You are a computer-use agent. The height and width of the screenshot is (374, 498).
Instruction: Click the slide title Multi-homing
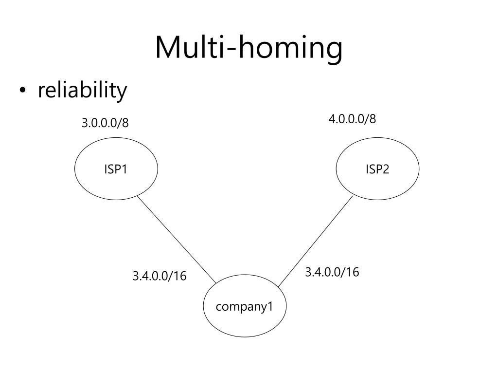point(249,48)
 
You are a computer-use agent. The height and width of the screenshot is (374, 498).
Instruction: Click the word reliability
point(82,91)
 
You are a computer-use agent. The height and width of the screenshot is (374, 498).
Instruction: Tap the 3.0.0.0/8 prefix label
point(105,123)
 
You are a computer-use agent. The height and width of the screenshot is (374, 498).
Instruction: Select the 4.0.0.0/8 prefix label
point(352,119)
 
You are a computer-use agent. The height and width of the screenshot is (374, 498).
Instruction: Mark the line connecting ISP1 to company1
point(176,239)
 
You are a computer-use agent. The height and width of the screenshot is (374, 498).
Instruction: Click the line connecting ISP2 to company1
point(315,241)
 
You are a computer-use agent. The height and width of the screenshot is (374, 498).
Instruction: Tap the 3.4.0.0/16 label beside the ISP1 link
point(159,276)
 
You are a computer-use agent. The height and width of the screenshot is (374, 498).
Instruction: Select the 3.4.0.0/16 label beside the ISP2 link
point(332,272)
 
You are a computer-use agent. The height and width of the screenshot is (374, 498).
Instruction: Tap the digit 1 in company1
point(270,307)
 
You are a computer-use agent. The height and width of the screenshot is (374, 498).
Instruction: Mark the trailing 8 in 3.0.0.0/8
point(125,123)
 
